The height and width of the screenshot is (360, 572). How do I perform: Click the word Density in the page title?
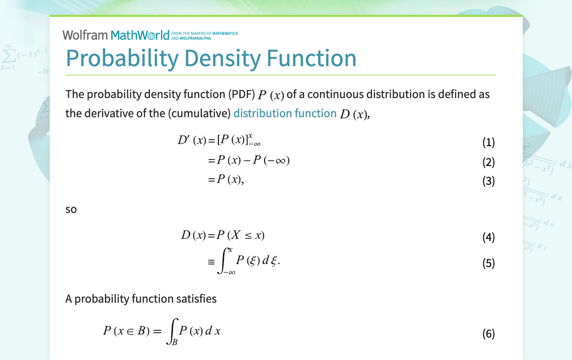click(222, 59)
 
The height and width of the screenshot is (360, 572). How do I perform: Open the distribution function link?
click(285, 113)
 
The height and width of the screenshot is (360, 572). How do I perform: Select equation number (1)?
click(488, 142)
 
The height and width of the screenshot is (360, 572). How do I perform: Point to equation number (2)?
click(488, 162)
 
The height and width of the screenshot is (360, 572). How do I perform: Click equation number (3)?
click(488, 181)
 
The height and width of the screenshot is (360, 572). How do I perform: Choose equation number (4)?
click(488, 237)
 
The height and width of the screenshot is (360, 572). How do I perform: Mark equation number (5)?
click(488, 263)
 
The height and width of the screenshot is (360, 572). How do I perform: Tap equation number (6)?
click(488, 333)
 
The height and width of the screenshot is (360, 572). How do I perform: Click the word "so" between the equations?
click(71, 210)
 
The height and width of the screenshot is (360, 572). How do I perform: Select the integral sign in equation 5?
click(223, 261)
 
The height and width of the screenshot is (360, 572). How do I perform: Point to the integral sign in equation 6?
click(172, 331)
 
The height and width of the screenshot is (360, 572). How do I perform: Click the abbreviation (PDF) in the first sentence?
click(242, 94)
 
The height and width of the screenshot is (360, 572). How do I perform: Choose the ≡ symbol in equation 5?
click(211, 262)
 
